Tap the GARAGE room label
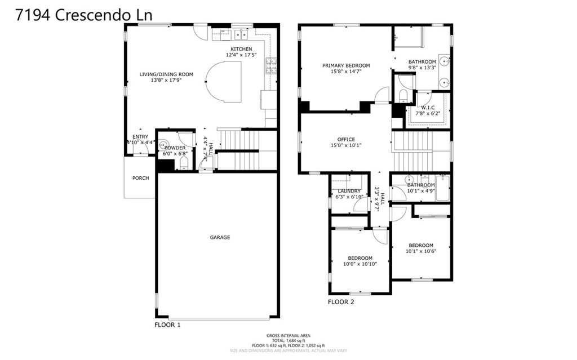point(220,238)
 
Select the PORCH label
point(140,178)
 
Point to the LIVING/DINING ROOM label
point(166,74)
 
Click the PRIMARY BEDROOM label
point(346,65)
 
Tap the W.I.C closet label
point(428,107)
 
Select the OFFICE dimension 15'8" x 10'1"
point(346,145)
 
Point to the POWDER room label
point(175,148)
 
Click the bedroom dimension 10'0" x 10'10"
point(360,264)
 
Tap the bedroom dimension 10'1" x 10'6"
point(421,251)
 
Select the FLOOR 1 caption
point(167,325)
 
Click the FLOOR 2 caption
point(341,302)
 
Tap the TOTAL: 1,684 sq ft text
point(288,340)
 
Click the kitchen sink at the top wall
point(241,35)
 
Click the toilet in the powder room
point(184,164)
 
